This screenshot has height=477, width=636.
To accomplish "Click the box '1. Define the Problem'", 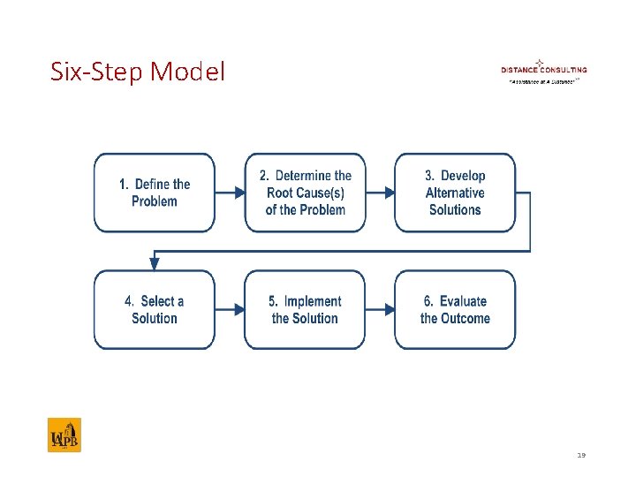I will click(x=155, y=193).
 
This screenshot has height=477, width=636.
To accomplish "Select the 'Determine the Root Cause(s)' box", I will click(x=305, y=193).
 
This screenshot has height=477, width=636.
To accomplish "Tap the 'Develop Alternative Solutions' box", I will click(x=455, y=193).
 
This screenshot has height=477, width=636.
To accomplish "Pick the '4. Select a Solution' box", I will click(x=155, y=310).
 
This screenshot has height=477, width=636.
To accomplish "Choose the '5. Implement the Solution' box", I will click(x=305, y=310).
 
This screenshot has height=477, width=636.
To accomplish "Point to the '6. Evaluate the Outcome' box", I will click(x=455, y=310).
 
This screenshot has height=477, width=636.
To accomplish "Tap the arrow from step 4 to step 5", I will click(x=230, y=310).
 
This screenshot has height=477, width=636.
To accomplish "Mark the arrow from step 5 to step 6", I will click(x=380, y=310).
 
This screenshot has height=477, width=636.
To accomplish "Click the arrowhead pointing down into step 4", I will click(x=155, y=264).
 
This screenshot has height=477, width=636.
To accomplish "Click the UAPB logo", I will click(x=64, y=435).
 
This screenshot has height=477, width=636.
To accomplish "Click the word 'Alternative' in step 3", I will click(x=455, y=193).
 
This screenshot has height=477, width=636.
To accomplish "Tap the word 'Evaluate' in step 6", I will click(x=463, y=302).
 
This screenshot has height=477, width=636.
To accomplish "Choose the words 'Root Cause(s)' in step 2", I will click(x=305, y=193).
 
